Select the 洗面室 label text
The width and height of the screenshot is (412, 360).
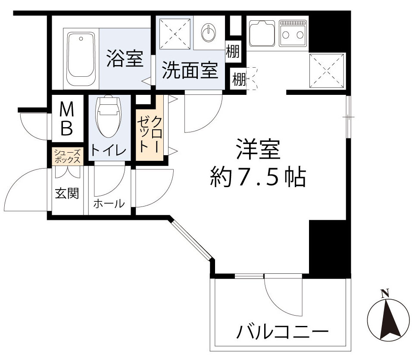pos(190,72)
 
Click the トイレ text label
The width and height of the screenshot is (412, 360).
pos(108,151)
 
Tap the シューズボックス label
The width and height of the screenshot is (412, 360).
pos(67,156)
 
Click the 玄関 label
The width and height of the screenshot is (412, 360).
pos(67,194)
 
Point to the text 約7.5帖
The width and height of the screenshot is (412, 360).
pos(258,176)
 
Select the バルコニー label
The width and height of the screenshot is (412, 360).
pos(280,333)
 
